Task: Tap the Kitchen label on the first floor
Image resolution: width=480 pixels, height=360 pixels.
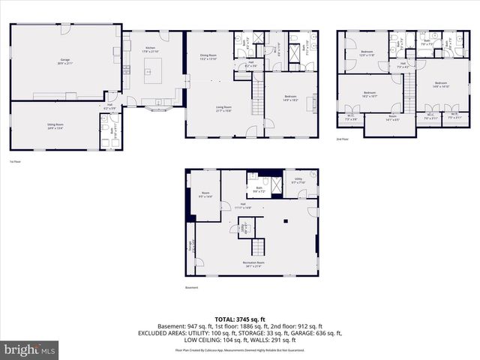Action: pyautogui.click(x=151, y=49)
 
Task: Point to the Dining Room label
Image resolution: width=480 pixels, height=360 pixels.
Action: pyautogui.click(x=208, y=56)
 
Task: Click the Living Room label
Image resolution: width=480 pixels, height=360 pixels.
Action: pyautogui.click(x=223, y=109)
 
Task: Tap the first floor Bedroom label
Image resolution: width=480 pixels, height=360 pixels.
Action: pyautogui.click(x=290, y=97)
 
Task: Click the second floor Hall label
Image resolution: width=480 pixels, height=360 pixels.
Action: pyautogui.click(x=403, y=64)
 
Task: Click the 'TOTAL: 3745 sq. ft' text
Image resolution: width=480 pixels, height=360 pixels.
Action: pyautogui.click(x=239, y=319)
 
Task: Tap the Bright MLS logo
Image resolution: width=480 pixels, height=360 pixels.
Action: pyautogui.click(x=30, y=349)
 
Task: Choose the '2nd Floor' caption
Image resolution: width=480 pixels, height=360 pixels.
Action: pyautogui.click(x=343, y=140)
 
